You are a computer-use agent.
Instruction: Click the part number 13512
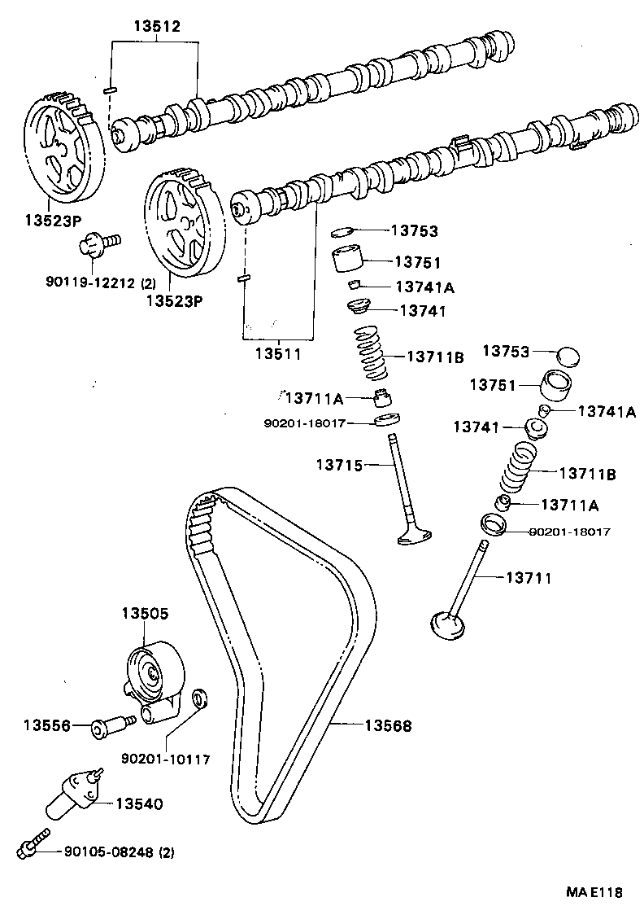point(156,27)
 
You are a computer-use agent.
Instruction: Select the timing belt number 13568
point(387,725)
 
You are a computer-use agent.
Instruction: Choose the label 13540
point(138,803)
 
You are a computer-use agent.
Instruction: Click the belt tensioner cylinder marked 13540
point(72,791)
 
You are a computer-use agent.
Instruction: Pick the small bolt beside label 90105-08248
point(32,843)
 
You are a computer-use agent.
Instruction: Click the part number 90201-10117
point(166,759)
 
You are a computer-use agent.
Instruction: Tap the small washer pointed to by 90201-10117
point(198,698)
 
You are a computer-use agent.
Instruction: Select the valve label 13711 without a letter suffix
point(529,578)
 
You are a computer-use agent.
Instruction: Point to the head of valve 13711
point(448,624)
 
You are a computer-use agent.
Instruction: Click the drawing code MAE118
point(594,891)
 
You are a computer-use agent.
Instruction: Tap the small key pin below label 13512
point(111,87)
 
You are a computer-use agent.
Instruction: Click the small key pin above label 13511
point(241,279)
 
